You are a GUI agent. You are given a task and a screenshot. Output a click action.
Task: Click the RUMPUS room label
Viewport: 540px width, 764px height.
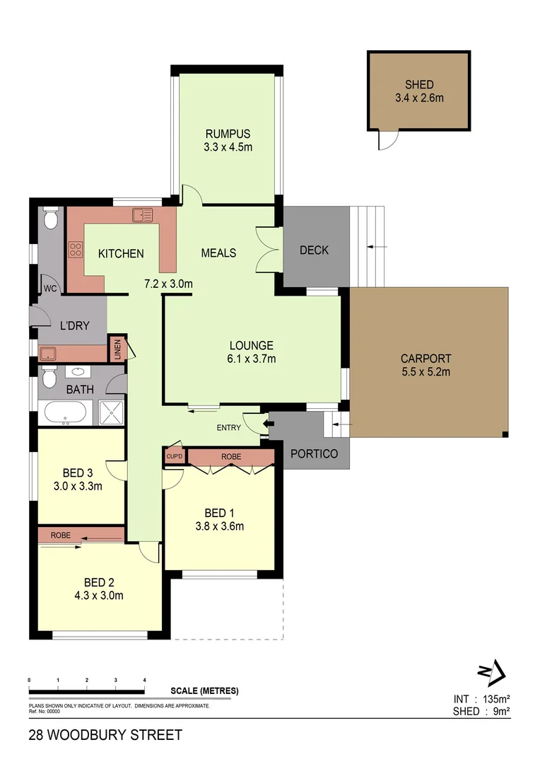click(x=228, y=134)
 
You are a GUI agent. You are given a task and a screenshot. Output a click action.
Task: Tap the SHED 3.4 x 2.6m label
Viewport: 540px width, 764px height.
click(x=419, y=91)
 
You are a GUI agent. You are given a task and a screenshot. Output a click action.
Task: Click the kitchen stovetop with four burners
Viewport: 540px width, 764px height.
click(x=75, y=249)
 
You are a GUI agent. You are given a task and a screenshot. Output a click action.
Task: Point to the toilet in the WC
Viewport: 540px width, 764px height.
click(x=49, y=221)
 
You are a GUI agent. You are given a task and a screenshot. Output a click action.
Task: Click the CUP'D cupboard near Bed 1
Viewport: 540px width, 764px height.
click(x=174, y=456)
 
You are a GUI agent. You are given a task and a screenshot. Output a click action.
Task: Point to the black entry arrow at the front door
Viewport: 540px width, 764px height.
click(x=266, y=424)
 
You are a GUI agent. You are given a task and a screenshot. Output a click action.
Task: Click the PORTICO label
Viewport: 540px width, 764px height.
click(x=314, y=453)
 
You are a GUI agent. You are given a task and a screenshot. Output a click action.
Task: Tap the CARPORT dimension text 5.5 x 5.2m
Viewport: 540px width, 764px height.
click(x=425, y=371)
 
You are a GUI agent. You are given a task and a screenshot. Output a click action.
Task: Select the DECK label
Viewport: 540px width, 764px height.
click(x=314, y=250)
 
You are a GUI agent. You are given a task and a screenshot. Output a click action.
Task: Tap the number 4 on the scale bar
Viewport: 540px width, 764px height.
click(x=144, y=680)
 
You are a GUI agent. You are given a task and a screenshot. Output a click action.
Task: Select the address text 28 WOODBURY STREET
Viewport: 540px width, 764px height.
click(x=105, y=735)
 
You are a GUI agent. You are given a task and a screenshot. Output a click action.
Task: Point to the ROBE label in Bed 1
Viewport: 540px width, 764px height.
click(x=231, y=457)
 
